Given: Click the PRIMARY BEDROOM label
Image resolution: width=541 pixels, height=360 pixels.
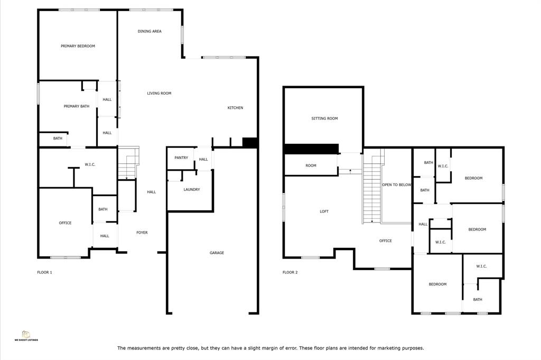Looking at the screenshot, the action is tap(78, 46).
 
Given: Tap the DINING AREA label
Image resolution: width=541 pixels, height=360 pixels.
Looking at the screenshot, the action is tap(150, 31).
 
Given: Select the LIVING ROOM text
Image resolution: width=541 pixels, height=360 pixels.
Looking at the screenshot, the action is tap(159, 93).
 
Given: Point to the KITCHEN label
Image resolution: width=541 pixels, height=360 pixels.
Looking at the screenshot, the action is tap(235, 108).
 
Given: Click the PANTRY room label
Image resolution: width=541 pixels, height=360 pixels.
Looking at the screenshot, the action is tap(181, 158).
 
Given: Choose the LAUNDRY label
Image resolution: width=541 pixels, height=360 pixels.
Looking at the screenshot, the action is tap(191, 189).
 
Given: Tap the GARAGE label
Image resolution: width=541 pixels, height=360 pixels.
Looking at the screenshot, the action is tap(217, 253).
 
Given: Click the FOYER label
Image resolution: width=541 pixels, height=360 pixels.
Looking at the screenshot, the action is tap(142, 233).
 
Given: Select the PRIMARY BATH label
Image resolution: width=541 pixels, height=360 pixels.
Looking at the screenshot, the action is tap(76, 106).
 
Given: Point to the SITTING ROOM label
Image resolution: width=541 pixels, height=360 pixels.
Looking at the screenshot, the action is tap(325, 118).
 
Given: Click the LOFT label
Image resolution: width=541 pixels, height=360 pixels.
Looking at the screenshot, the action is tap(324, 211).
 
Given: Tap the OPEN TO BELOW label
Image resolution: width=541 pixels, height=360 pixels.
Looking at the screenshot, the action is tap(397, 184).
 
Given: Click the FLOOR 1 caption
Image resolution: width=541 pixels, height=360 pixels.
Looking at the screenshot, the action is tap(44, 272).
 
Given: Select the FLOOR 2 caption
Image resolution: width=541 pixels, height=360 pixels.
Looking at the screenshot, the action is tap(290, 272).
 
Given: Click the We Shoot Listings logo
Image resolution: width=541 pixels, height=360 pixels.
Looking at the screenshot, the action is tap(26, 336).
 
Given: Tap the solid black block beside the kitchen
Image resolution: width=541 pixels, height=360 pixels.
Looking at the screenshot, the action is tap(250, 143).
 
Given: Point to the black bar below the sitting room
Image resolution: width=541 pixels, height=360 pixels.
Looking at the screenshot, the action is tap(311, 149).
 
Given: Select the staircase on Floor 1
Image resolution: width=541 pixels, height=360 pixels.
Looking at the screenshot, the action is tap(128, 163).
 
